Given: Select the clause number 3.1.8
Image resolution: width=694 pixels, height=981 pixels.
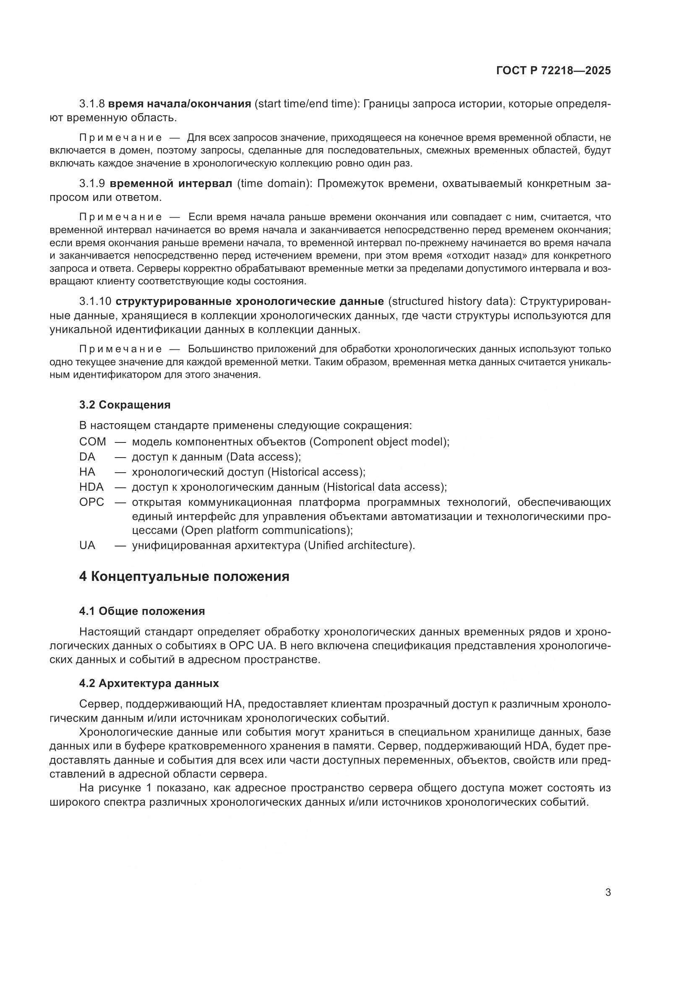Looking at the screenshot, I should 92,104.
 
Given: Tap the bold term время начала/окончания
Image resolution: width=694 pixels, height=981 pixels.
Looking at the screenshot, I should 180,104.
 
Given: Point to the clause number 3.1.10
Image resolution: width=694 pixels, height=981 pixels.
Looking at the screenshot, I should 95,301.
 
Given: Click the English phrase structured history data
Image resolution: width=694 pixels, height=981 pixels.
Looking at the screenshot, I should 451,301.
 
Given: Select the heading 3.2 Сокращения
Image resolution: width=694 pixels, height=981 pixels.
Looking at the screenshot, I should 125,405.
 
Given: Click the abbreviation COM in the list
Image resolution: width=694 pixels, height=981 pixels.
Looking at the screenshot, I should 92,441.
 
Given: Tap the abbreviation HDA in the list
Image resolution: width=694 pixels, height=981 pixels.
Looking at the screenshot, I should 91,487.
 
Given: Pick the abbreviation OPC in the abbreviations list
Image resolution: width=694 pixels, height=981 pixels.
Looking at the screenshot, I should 91,502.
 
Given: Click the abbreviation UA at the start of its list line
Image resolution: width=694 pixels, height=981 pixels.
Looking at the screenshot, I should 87,546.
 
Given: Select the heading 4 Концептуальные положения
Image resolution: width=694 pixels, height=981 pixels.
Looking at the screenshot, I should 184,576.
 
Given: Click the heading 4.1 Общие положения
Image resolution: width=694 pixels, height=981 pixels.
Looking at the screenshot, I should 142,611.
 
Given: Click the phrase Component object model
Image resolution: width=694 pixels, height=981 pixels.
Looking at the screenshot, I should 378,441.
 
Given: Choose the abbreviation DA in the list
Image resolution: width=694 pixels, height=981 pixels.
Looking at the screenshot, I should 87,457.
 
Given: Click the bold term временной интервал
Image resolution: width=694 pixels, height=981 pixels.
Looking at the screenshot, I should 171,184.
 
